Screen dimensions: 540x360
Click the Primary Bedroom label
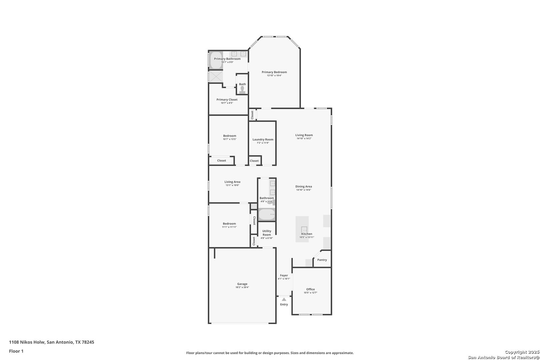(x=274, y=72)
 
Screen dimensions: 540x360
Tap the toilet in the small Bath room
(x=242, y=90)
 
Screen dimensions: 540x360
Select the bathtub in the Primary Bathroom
(x=216, y=60)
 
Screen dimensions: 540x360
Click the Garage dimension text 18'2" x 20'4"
(x=242, y=287)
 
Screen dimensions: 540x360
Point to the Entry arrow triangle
(x=284, y=299)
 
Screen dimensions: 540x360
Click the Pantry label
(x=322, y=260)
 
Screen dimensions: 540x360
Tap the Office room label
(x=311, y=289)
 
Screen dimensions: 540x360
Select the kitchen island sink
(x=304, y=230)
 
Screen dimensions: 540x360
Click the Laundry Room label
(x=263, y=139)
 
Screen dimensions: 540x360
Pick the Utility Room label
(x=267, y=233)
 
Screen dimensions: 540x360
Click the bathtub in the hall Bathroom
(x=267, y=214)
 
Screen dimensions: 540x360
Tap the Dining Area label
(x=304, y=186)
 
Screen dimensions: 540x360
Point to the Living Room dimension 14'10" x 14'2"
(x=304, y=138)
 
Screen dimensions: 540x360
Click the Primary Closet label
(x=227, y=100)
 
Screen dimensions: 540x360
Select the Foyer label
(x=284, y=275)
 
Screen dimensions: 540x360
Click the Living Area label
(x=232, y=182)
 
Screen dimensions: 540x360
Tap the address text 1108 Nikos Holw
(x=27, y=342)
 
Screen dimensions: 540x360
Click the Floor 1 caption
(x=16, y=351)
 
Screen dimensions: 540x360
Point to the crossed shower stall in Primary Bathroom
(x=216, y=76)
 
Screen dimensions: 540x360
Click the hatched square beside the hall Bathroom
(x=254, y=206)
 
